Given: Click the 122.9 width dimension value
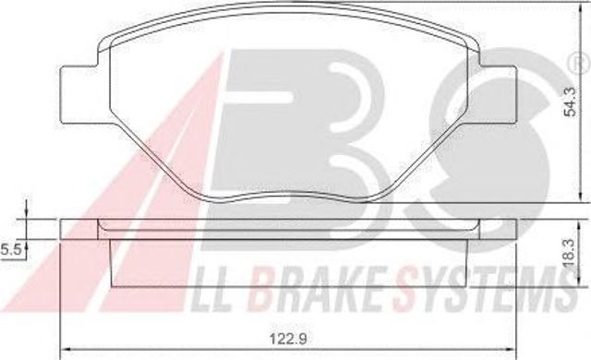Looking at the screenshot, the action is click(x=288, y=339).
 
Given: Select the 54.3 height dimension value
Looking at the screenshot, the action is click(x=569, y=102).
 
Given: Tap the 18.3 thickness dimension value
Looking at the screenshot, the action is click(x=570, y=253).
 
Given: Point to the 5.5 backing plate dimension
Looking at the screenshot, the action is click(x=10, y=249).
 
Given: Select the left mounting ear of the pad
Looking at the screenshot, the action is click(x=81, y=94).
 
